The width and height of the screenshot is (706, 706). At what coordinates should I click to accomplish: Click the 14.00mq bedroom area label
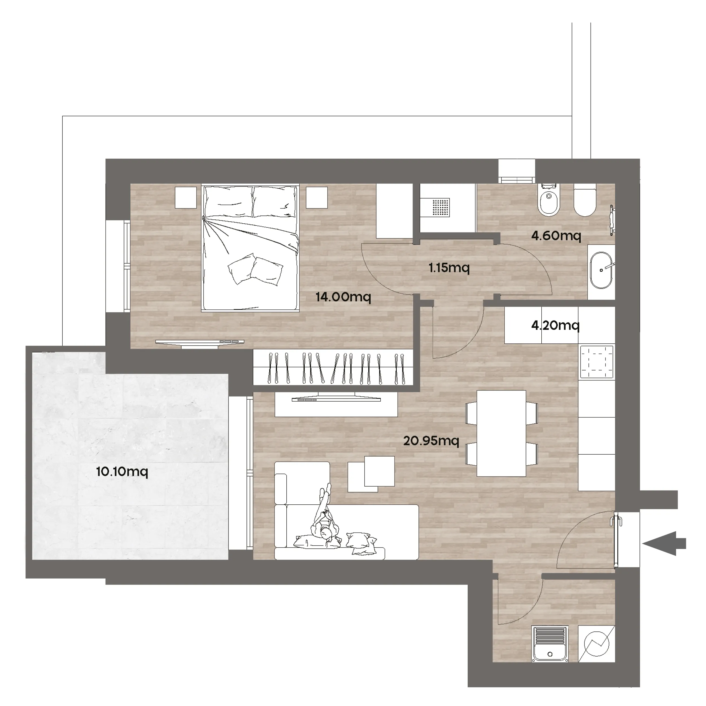343,297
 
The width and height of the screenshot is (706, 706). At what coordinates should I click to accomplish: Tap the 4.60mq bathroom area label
556,236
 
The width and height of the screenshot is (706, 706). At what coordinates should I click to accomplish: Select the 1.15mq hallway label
449,268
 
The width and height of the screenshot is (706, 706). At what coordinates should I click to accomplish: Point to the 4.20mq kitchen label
555,325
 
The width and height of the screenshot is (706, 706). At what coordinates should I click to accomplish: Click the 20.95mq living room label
431,441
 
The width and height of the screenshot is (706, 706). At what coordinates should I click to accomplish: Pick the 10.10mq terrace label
122,472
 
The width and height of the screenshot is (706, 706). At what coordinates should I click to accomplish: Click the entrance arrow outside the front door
664,543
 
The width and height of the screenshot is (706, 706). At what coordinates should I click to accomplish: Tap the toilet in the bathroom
585,200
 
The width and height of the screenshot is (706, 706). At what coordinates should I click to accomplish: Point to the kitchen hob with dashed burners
596,362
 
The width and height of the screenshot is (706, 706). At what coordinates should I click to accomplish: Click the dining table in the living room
501,433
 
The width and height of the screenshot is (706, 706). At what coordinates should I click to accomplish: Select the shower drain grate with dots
441,208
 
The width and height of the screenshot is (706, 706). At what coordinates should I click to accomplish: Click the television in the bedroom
200,342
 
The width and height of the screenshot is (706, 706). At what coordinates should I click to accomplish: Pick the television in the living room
336,399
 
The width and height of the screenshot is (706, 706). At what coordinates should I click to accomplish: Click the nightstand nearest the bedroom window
186,197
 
